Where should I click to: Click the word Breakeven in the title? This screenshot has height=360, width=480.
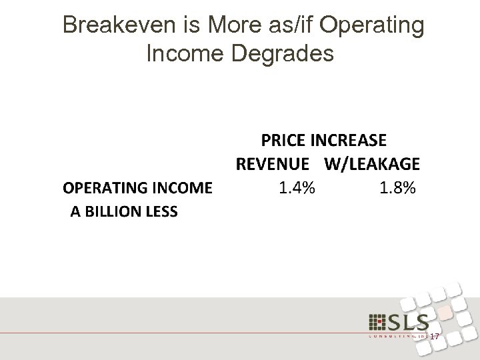point(117,26)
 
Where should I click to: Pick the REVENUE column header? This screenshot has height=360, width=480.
point(271,163)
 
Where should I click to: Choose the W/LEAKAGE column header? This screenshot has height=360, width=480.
point(372,163)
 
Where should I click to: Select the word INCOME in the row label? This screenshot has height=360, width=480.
point(181,188)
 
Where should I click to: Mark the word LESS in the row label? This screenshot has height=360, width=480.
point(162,212)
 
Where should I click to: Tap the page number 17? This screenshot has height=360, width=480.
point(435,337)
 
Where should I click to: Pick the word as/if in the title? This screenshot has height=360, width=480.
point(283,26)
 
